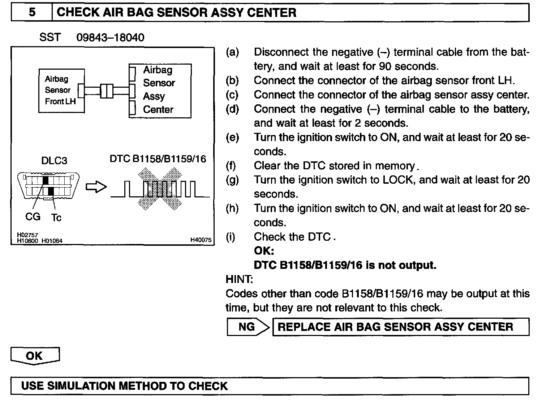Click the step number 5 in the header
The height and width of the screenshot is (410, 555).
click(32, 13)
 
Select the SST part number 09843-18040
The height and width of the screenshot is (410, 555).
click(110, 38)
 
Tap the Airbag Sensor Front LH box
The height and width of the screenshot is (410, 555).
click(61, 90)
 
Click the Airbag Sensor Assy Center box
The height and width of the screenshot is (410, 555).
click(160, 90)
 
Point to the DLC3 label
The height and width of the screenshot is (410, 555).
click(54, 161)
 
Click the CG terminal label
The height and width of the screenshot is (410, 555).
click(33, 217)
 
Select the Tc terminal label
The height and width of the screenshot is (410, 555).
click(56, 217)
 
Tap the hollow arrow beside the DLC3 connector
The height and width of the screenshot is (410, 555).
click(96, 187)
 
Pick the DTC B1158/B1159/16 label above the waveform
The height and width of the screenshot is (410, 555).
click(158, 159)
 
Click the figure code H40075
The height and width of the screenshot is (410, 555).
click(201, 240)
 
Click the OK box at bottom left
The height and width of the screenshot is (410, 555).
click(35, 356)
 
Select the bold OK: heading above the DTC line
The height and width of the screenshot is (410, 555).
click(264, 251)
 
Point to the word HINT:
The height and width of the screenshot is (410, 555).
click(239, 279)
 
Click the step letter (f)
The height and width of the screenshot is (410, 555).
click(231, 166)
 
